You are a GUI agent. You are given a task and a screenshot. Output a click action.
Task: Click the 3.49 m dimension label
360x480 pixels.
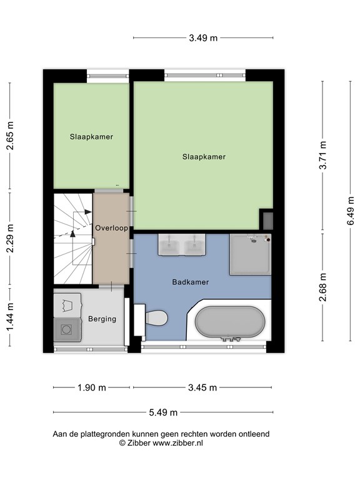tap(203, 37)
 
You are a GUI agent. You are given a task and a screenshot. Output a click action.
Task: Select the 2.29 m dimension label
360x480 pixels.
tap(9, 239)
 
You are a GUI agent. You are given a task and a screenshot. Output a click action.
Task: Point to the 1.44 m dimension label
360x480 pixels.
tap(9, 317)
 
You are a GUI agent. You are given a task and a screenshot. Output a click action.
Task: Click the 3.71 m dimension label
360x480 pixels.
tap(322, 156)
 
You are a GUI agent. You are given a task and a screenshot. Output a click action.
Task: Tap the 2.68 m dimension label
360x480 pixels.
tap(322, 287)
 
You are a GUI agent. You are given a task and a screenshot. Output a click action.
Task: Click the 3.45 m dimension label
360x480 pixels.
tap(202, 387)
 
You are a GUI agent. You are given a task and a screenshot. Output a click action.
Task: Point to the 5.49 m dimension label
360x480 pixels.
tap(163, 412)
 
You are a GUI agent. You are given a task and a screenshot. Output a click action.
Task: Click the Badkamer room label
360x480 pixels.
tap(190, 282)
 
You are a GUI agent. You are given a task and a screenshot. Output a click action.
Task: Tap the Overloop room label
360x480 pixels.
tap(111, 228)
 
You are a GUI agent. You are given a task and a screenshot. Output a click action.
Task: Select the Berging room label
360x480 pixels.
tap(102, 319)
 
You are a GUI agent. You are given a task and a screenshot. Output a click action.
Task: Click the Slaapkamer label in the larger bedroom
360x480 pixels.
tap(204, 157)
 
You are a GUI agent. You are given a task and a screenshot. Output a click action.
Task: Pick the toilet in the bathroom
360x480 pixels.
tap(154, 318)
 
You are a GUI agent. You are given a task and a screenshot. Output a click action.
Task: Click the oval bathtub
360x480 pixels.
tap(229, 322)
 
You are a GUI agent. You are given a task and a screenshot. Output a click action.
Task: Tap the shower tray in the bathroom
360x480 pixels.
tap(250, 254)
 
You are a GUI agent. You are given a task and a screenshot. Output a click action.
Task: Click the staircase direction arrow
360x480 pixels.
tap(73, 233)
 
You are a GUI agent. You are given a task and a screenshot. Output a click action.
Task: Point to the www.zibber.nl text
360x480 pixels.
tap(178, 442)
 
